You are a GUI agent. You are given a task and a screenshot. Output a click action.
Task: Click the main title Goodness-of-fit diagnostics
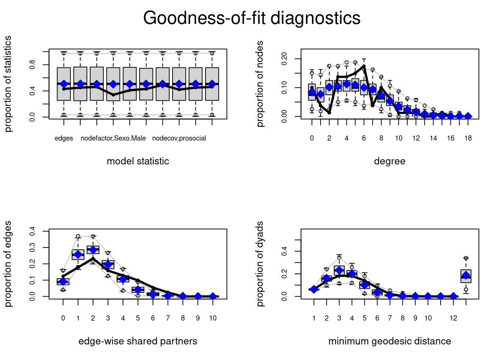click(x=252, y=18)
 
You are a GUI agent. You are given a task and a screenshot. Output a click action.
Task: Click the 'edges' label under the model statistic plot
click(x=64, y=138)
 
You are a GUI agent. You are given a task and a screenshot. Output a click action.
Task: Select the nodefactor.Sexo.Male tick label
click(x=113, y=138)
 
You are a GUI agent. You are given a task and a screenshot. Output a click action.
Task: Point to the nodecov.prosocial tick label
click(x=179, y=138)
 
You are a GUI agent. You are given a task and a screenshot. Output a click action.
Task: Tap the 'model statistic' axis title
click(x=138, y=161)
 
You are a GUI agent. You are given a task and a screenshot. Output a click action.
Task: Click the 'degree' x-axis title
click(x=390, y=161)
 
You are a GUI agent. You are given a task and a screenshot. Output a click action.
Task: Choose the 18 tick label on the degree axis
click(x=468, y=138)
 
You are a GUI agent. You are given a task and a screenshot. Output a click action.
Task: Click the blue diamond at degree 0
click(x=312, y=92)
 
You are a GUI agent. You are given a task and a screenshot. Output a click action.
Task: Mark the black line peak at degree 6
click(x=364, y=66)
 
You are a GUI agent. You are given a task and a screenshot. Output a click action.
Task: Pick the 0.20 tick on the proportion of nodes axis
click(x=284, y=59)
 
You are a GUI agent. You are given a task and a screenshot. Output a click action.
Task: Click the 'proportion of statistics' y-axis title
click(x=8, y=84)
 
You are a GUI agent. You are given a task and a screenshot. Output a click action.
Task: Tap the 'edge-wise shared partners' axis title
click(x=138, y=341)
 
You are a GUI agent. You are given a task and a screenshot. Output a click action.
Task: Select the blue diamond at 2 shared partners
click(x=93, y=250)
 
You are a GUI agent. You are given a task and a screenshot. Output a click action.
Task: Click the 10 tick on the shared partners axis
click(x=213, y=318)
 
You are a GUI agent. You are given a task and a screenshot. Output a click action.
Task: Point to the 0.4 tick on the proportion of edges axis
click(x=32, y=231)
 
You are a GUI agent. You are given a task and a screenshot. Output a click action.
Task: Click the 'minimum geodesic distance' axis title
click(x=390, y=341)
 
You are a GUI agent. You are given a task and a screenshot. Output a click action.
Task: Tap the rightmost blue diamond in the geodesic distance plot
click(x=466, y=276)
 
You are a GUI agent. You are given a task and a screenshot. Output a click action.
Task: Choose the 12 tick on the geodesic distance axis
click(x=453, y=318)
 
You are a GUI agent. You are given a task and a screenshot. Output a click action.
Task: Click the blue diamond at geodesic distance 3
click(x=339, y=270)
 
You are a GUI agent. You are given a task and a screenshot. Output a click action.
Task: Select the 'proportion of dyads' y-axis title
click(x=260, y=264)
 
